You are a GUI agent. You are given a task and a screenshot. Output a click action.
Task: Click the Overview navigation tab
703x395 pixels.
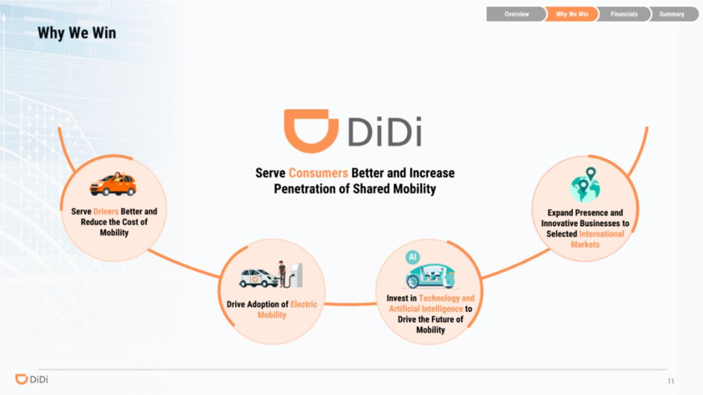[516, 14]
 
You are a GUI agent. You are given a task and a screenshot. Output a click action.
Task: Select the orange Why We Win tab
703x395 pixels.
[572, 14]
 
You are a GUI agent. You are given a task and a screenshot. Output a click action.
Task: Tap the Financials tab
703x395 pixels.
[624, 14]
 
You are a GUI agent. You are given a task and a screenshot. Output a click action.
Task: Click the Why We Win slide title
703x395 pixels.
[77, 33]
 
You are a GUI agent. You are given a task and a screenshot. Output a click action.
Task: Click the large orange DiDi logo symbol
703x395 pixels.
[311, 131]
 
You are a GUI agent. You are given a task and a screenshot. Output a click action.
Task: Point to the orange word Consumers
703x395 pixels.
[318, 173]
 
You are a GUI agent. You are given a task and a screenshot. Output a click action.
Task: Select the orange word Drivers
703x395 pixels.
[106, 211]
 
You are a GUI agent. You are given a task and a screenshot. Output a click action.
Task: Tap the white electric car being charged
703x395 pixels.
[259, 278]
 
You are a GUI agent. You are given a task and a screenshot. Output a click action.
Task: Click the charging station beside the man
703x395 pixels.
[295, 275]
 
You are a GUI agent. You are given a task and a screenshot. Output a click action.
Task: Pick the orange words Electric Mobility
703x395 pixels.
[287, 309]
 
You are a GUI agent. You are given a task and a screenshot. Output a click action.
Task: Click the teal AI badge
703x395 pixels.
[412, 257]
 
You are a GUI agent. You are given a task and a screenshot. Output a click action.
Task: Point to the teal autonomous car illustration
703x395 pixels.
[430, 276]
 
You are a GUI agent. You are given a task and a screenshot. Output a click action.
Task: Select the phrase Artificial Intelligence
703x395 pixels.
[426, 309]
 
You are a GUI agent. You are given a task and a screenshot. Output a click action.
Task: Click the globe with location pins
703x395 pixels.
[585, 185]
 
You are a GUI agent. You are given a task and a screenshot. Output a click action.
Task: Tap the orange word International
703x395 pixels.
[601, 234]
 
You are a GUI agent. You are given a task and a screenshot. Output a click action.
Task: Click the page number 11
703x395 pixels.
[671, 381]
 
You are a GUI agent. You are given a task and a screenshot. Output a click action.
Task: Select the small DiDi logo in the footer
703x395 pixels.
[32, 379]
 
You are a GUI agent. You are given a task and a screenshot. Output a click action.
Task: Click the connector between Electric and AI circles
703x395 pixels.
[350, 304]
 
